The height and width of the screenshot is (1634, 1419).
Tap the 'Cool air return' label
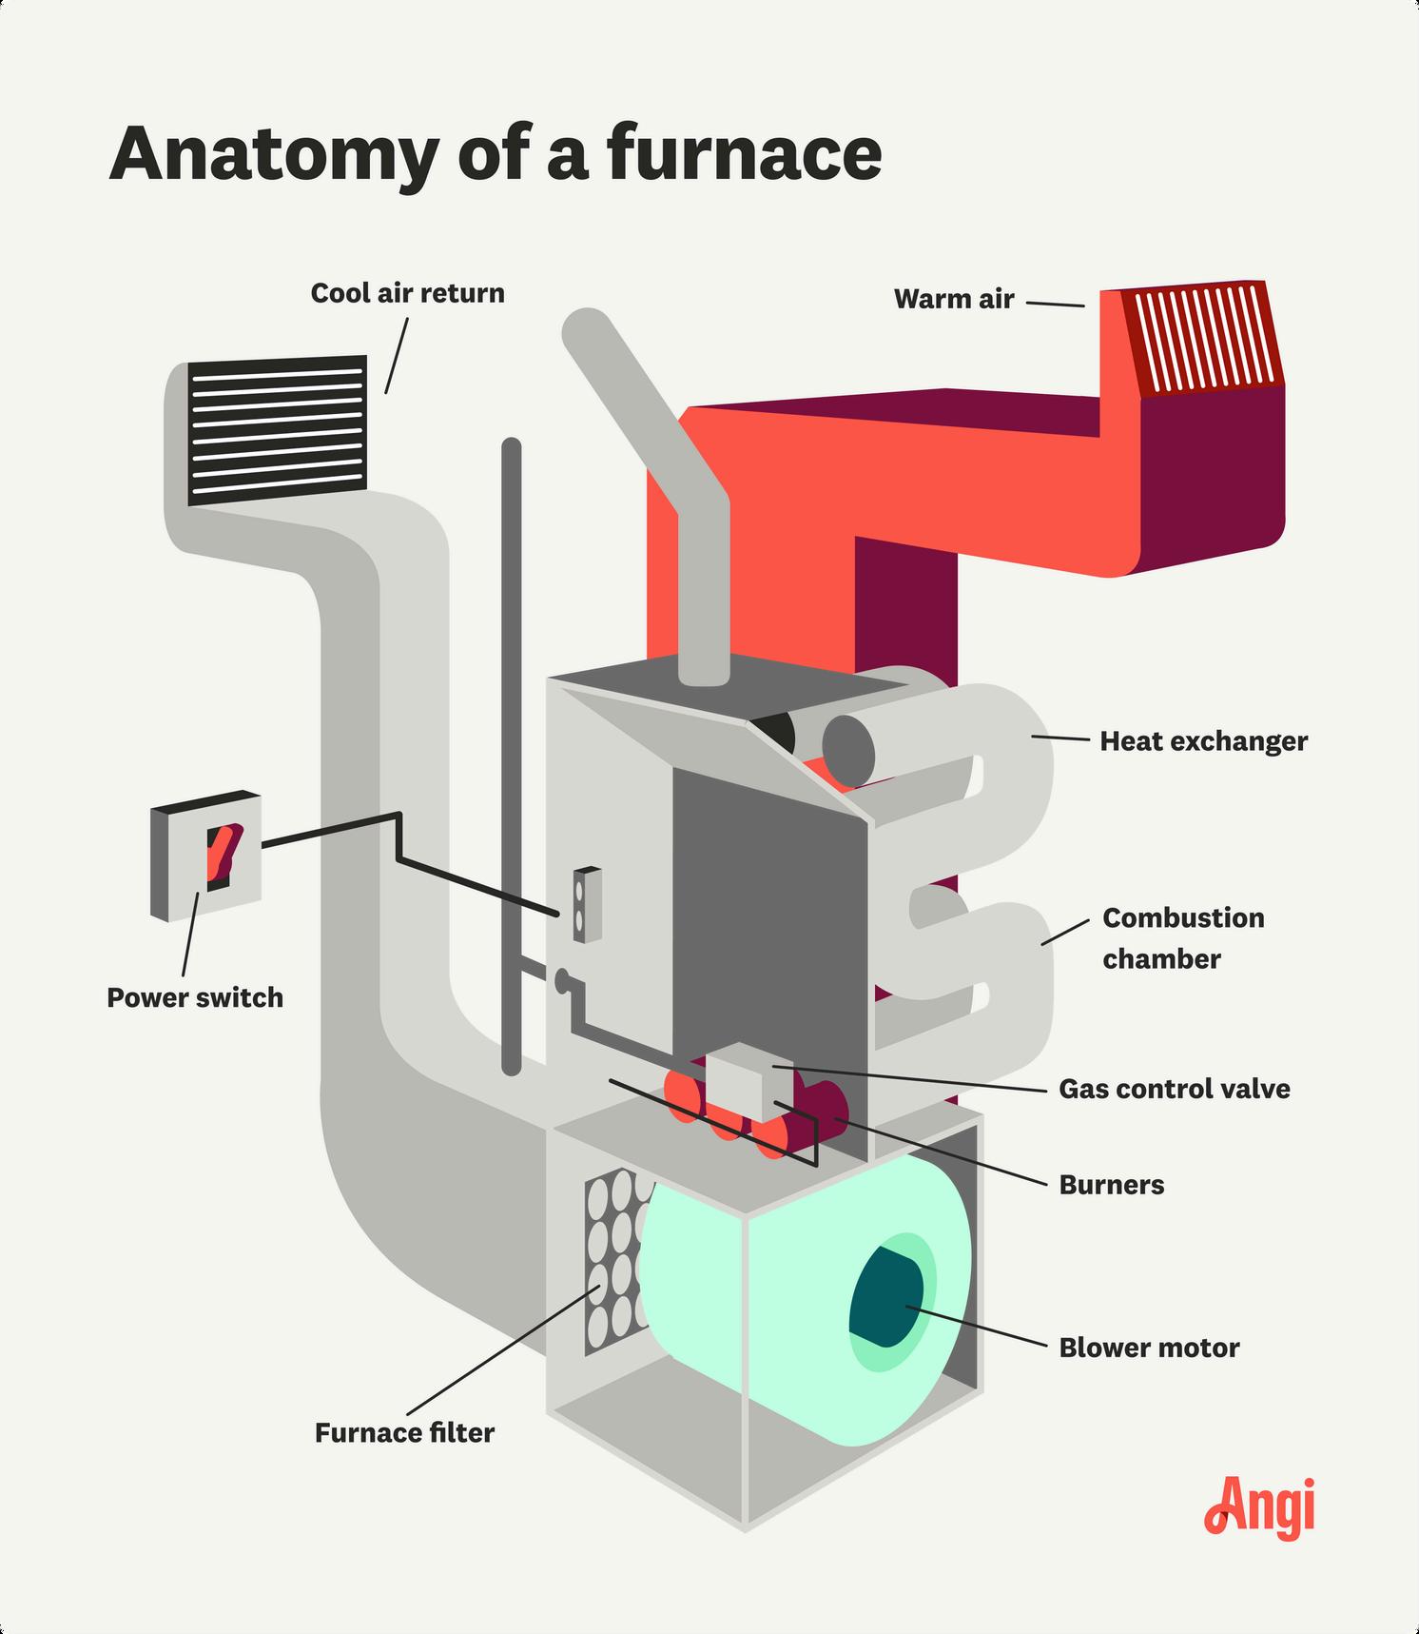click(407, 292)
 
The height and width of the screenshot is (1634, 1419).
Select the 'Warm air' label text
click(954, 299)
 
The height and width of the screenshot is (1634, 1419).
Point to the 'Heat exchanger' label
click(1204, 741)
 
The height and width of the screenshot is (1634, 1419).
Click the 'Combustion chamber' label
click(1183, 938)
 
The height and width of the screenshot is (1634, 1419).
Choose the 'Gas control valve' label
click(1175, 1089)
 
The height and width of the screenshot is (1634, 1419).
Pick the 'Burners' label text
click(1112, 1185)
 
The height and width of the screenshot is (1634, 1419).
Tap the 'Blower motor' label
click(1150, 1348)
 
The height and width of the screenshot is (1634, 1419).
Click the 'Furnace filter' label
click(405, 1432)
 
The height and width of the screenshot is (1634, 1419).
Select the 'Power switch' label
click(195, 997)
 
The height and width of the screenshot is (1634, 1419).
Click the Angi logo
click(1260, 1506)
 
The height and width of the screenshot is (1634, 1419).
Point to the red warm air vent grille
click(1201, 338)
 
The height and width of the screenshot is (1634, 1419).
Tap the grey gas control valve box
click(748, 1083)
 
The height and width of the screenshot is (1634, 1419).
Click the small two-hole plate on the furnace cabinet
click(587, 904)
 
